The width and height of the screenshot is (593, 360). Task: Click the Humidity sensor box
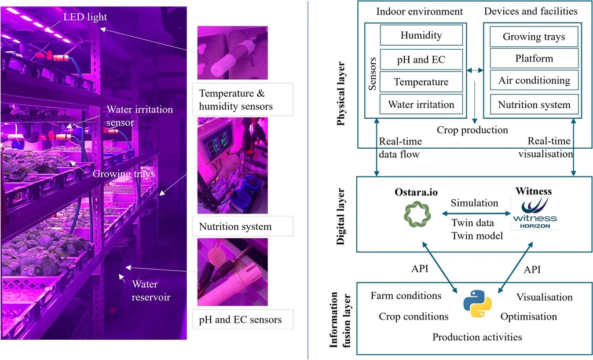pyautogui.click(x=421, y=36)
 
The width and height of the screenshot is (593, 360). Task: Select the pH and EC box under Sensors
pyautogui.click(x=421, y=59)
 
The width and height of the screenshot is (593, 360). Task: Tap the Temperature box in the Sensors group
pyautogui.click(x=421, y=82)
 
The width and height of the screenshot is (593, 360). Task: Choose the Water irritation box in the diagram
pyautogui.click(x=421, y=105)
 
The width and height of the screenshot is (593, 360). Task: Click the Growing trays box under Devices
pyautogui.click(x=534, y=37)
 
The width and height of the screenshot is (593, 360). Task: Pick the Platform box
pyautogui.click(x=534, y=58)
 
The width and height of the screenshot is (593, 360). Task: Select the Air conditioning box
pyautogui.click(x=534, y=80)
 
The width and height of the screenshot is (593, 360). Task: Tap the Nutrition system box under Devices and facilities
pyautogui.click(x=534, y=105)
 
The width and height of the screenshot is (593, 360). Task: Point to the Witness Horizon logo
pyautogui.click(x=533, y=213)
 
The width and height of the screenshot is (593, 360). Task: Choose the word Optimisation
pyautogui.click(x=528, y=317)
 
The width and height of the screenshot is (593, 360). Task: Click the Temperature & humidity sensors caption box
pyautogui.click(x=235, y=99)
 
